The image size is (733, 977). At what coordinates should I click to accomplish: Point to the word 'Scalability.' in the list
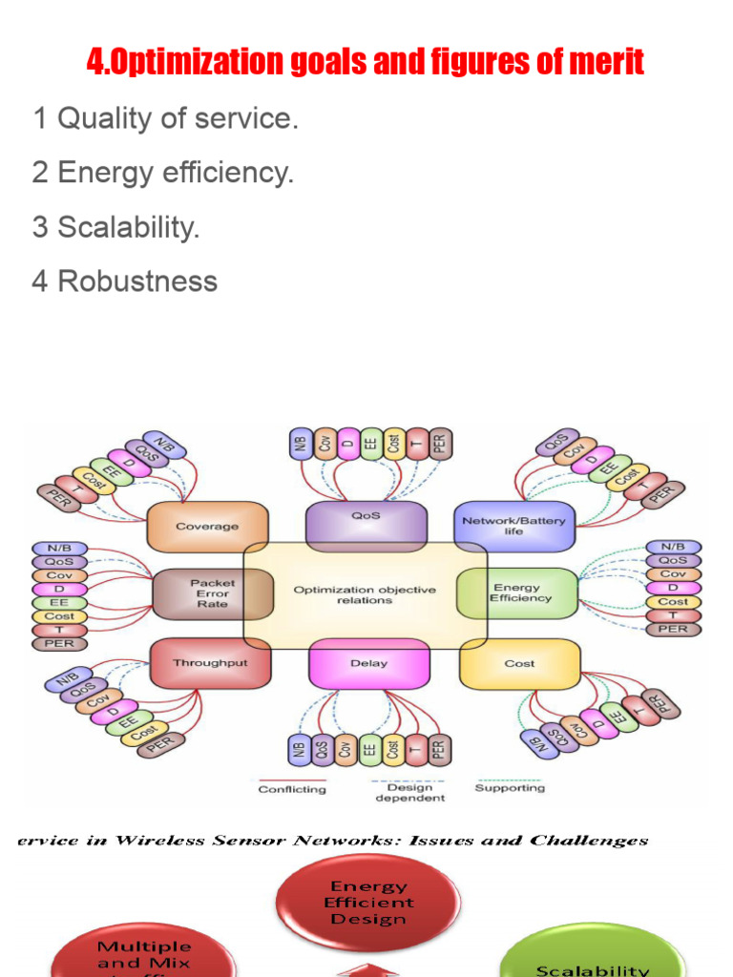(128, 228)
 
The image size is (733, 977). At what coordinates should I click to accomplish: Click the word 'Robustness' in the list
(137, 281)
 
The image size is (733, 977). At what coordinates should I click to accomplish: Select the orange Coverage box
(206, 526)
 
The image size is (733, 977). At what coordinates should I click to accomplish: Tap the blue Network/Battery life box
(513, 526)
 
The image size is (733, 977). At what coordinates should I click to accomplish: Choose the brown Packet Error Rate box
(212, 592)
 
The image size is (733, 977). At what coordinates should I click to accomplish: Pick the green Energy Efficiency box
(520, 592)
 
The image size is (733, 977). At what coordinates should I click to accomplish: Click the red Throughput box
(210, 663)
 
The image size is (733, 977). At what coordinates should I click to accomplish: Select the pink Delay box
(368, 663)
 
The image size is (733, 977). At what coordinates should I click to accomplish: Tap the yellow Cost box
(519, 663)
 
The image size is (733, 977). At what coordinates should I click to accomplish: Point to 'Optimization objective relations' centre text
(365, 595)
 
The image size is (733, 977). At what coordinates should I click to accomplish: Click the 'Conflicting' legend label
(292, 789)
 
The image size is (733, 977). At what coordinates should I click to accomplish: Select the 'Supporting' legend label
(510, 788)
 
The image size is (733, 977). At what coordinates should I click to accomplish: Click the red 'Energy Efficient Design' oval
(368, 903)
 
